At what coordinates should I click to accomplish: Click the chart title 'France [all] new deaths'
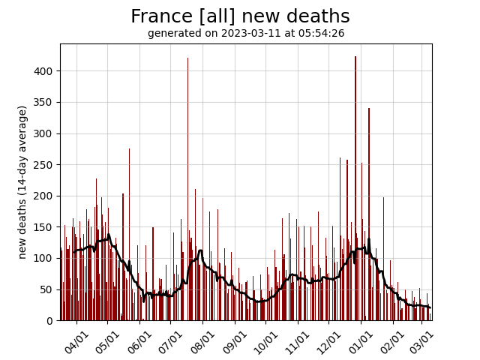[240, 16]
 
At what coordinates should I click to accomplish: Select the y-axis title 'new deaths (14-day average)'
[22, 182]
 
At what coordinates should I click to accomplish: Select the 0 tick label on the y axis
[50, 320]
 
